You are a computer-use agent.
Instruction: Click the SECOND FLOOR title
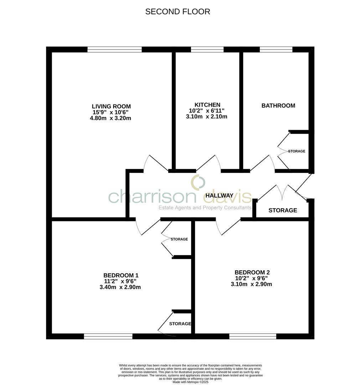178,11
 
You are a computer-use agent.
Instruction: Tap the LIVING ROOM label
111,106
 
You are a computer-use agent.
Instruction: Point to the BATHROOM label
278,106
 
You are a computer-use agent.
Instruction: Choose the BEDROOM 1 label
121,275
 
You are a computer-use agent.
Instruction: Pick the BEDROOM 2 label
252,272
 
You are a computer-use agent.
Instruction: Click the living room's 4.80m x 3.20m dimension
110,118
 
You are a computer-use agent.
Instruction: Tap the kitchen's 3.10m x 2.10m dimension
206,116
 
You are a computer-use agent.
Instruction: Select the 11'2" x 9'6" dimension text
120,281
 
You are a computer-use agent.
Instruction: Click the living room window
114,50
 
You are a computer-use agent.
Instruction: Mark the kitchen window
207,50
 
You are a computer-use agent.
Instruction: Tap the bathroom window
276,50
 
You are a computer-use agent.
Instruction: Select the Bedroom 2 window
252,336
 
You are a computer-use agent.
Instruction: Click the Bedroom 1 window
108,336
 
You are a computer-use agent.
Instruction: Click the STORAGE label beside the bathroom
297,151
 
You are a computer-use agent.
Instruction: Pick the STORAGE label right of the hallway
283,210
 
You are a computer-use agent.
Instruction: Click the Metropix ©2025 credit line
190,382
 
